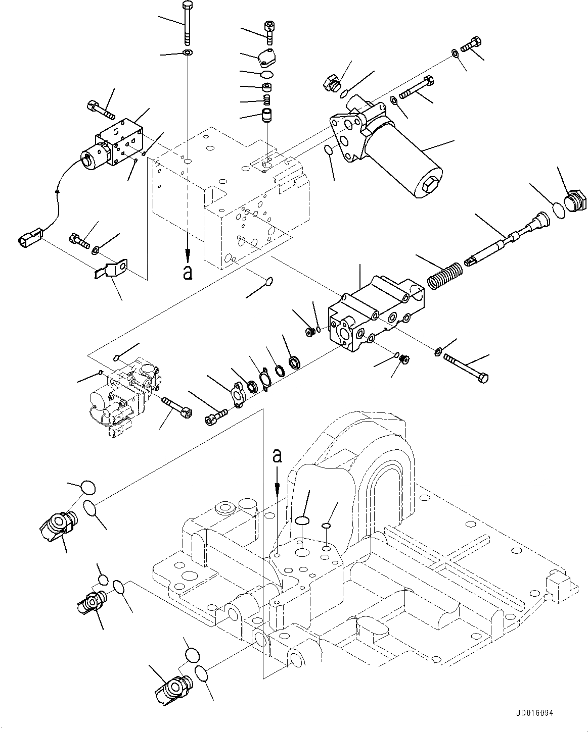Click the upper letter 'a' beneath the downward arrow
[x=188, y=273]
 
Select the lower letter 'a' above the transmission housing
[x=277, y=456]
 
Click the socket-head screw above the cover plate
[x=268, y=30]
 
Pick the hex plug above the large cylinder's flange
[x=331, y=83]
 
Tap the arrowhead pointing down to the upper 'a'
[x=188, y=254]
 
